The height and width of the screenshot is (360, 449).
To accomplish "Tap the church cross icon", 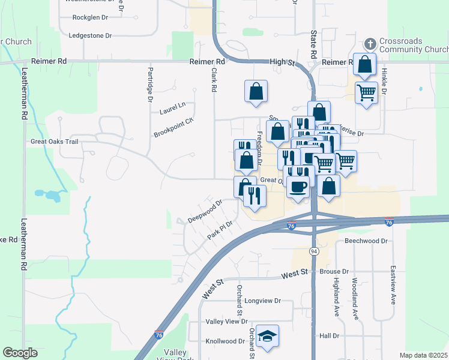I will (370, 44).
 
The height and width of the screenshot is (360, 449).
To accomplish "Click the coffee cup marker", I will (298, 187).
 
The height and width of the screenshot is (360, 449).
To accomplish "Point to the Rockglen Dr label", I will (90, 17).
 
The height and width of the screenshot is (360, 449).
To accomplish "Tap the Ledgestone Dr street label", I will (91, 36).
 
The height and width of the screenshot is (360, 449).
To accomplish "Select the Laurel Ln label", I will (173, 110).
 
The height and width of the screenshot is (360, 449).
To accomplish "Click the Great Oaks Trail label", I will (55, 142).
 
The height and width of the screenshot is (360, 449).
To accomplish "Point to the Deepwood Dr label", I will (205, 211).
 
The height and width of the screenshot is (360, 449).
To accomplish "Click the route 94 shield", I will (314, 250).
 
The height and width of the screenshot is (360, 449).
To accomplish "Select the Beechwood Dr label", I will (367, 241).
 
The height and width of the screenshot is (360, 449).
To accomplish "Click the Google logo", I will (20, 353).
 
